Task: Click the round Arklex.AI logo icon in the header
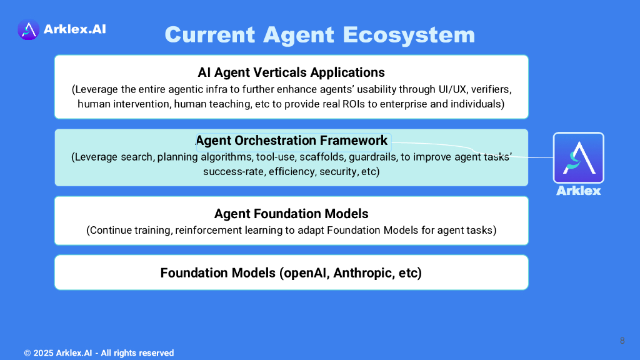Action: [28, 29]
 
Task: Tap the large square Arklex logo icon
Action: [578, 158]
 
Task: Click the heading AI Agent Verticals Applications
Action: [291, 72]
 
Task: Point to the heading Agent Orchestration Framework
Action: [291, 141]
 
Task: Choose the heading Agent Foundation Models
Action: [291, 214]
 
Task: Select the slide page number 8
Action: [622, 341]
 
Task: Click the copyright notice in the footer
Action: [99, 353]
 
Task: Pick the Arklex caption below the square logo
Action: [578, 191]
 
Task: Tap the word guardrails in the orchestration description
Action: [374, 157]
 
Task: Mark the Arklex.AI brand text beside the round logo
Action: [75, 29]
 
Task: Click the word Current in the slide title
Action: [210, 35]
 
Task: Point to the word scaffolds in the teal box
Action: [322, 157]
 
